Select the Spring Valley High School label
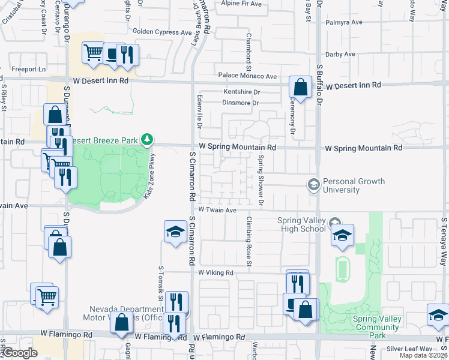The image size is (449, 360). [301, 224]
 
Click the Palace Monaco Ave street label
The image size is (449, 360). [247, 76]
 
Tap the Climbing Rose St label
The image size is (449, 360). [248, 241]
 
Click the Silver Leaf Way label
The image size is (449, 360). [409, 349]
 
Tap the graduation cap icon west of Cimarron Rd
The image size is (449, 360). [175, 231]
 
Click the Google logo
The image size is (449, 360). [20, 353]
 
